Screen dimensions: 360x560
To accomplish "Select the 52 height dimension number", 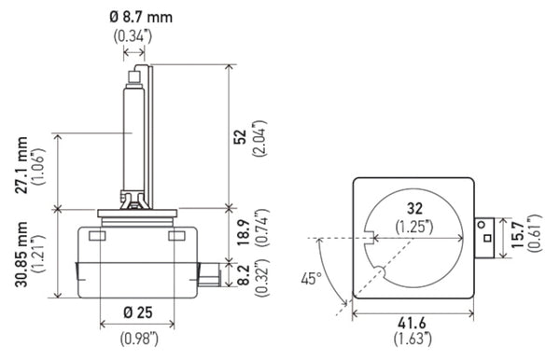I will pos(240,136).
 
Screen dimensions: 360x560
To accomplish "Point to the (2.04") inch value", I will pos(259,136).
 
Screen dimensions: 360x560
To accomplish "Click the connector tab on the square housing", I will pos(486,238).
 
